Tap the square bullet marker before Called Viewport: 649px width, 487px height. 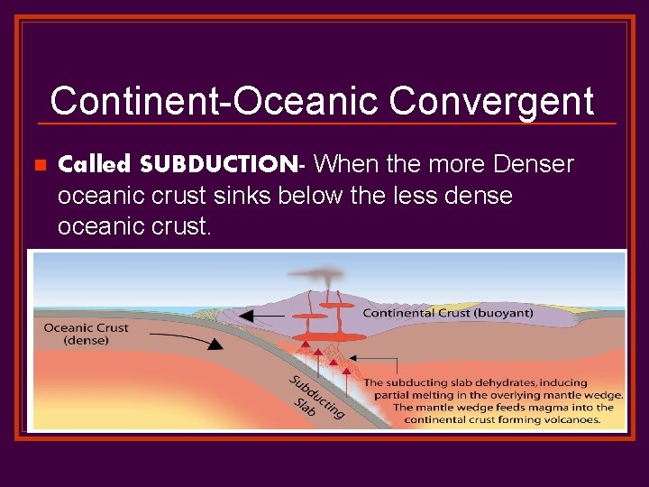click(x=39, y=166)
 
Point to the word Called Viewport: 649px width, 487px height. click(x=96, y=165)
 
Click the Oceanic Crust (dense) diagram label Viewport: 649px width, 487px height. click(x=86, y=334)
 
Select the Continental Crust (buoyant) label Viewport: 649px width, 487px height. click(x=448, y=313)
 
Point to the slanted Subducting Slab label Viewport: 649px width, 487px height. click(x=315, y=398)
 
